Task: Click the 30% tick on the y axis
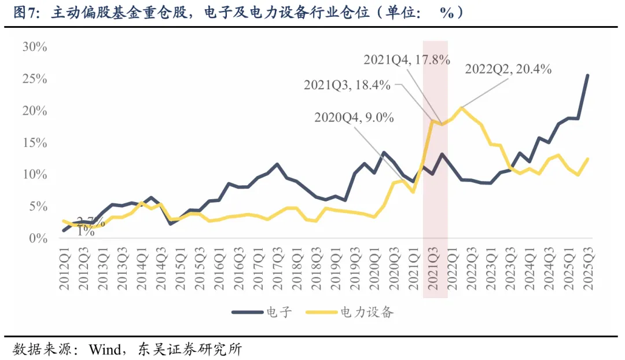coord(34,47)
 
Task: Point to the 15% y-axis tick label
coord(34,142)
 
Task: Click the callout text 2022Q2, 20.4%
coord(508,69)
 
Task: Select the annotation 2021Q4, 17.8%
coord(406,60)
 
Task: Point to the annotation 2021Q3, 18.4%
coord(347,85)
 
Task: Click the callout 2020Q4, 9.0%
coord(354,117)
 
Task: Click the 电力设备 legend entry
coord(367,313)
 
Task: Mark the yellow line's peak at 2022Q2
coord(461,108)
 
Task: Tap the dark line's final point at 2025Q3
coord(588,75)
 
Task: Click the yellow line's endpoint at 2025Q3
coord(588,159)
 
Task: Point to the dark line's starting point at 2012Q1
coord(64,231)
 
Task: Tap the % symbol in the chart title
coord(446,12)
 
